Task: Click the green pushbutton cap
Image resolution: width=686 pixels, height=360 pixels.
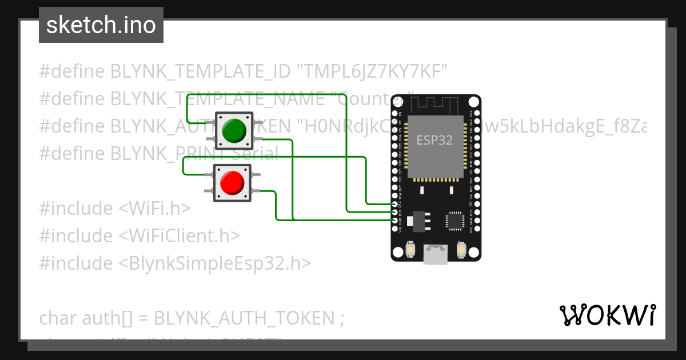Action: point(233,131)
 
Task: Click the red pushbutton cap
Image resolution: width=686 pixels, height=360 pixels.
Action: point(232,183)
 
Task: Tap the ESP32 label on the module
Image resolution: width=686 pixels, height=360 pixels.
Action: point(434,140)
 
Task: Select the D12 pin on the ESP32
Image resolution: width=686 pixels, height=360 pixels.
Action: point(395,204)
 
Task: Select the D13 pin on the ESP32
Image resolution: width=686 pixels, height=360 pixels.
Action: point(395,212)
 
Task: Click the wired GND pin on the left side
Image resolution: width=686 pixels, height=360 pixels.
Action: point(395,220)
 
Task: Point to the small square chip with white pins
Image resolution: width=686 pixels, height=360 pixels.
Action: point(455,220)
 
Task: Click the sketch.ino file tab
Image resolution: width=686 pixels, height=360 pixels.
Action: point(101,25)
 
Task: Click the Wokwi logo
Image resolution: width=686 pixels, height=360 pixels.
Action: point(607,315)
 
